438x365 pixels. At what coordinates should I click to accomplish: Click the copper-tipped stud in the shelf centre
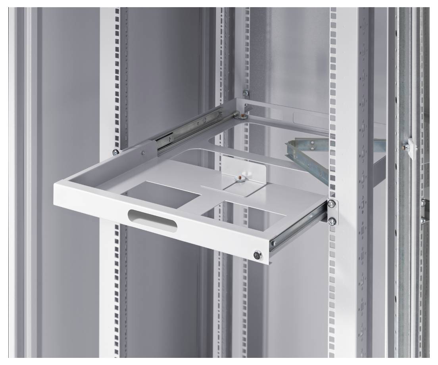coord(240,179)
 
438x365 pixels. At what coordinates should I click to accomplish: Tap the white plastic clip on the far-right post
coord(411,147)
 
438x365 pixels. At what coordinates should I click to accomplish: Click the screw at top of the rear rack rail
coord(245,94)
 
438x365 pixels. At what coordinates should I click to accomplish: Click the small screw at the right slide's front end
coord(273,242)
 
